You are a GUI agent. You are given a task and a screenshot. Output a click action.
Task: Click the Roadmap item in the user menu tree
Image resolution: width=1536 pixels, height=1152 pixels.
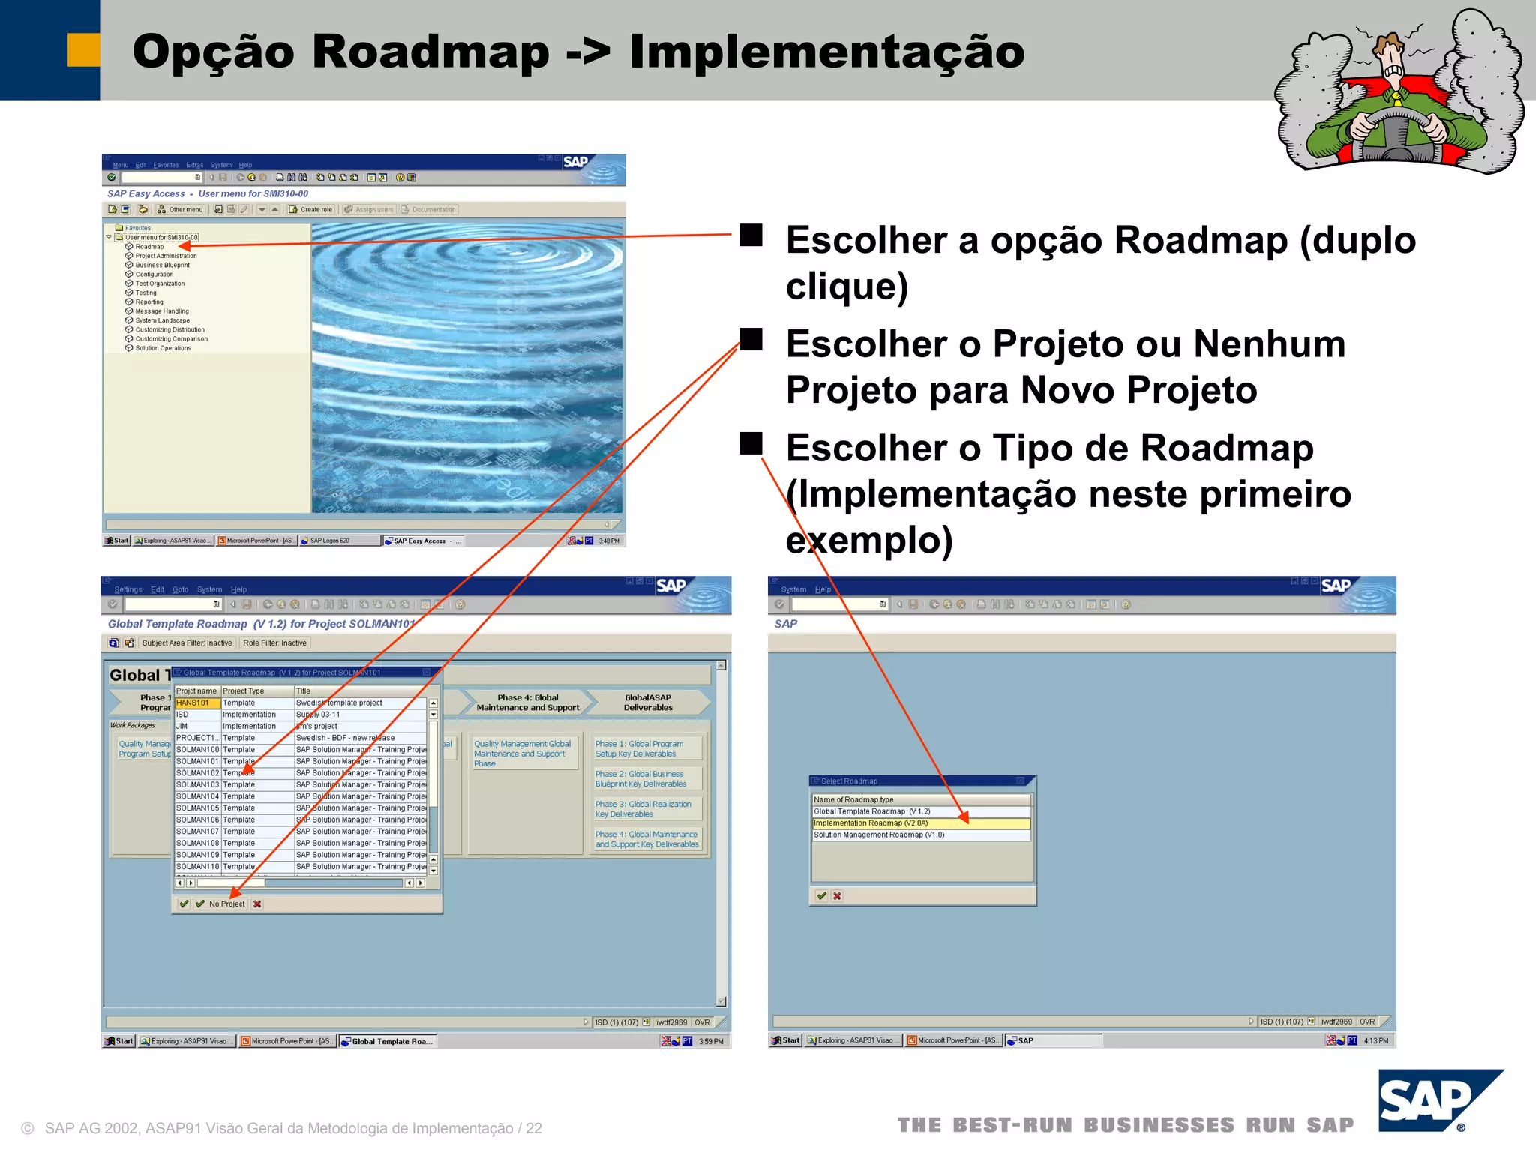(x=149, y=246)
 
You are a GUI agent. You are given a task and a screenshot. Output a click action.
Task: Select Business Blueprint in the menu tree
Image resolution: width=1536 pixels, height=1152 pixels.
(x=162, y=265)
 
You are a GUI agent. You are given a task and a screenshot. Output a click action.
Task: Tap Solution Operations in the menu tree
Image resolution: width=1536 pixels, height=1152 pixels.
(x=163, y=348)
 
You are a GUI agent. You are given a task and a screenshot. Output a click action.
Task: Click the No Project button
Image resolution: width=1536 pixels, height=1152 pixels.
(x=226, y=904)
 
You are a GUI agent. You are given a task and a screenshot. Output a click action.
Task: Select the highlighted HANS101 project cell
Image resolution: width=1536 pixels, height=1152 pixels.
(x=196, y=703)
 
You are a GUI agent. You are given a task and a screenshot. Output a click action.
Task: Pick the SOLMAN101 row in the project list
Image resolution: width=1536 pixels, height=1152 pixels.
(x=197, y=761)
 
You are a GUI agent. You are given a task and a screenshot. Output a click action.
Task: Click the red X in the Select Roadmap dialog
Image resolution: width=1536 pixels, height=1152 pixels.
(x=837, y=895)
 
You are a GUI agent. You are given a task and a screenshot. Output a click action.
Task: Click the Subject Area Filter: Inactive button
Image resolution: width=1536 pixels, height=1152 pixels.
(x=187, y=643)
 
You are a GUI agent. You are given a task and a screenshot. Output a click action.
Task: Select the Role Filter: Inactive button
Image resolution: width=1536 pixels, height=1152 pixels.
(x=274, y=643)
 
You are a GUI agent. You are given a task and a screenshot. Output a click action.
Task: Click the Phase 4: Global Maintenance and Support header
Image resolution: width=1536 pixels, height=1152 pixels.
(x=527, y=703)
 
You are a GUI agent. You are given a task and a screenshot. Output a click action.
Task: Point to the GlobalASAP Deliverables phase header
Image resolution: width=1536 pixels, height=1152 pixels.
(x=648, y=703)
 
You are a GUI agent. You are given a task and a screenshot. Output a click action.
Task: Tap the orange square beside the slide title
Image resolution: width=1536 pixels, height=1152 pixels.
(x=83, y=50)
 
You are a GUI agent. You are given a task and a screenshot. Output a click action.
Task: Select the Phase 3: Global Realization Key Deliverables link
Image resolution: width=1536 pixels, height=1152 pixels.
(x=643, y=809)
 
